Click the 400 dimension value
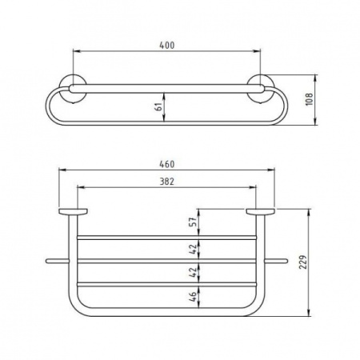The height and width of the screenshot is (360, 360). point(167,46)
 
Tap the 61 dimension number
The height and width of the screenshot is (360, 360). point(158,107)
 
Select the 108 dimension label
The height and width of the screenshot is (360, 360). point(309,99)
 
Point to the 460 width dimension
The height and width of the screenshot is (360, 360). point(167,164)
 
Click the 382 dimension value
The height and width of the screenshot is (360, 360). point(167,182)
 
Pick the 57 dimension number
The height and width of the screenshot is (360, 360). point(193,222)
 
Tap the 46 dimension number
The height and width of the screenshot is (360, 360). point(193,297)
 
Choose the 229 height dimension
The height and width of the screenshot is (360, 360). point(303,262)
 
